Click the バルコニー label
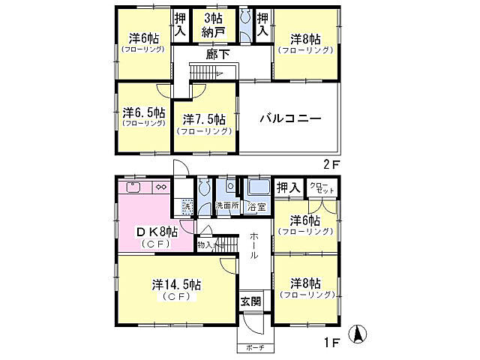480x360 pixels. point(292,118)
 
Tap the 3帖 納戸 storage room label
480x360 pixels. point(211,25)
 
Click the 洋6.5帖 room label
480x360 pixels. point(143,115)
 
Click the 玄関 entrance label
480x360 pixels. point(250,301)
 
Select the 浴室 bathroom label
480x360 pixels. point(257,205)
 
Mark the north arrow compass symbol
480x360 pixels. point(361,334)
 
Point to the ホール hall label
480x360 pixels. point(254,244)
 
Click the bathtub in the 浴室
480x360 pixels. point(259,188)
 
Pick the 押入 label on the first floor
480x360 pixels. point(288,186)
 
